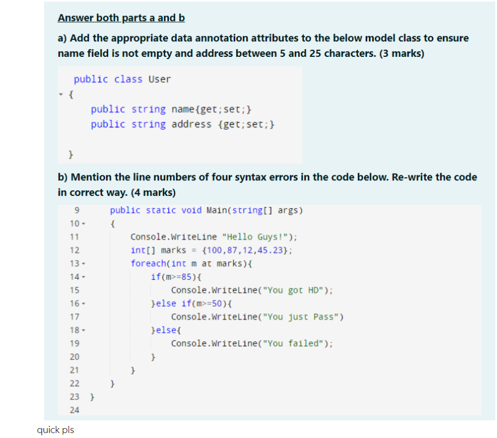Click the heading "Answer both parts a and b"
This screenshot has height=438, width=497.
coord(121,18)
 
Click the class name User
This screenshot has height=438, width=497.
coord(160,79)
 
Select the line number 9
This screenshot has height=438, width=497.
coord(76,210)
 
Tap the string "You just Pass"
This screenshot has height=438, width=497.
coord(304,317)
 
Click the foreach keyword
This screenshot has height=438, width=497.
coord(148,263)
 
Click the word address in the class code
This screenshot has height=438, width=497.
coord(191,124)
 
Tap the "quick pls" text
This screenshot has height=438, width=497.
coord(55,429)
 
